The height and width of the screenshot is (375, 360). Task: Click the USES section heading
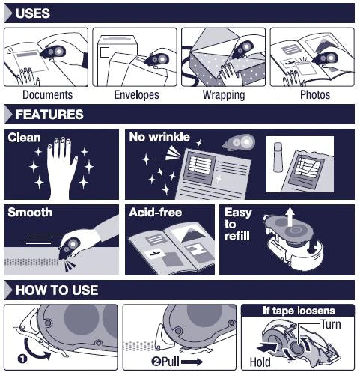click(33, 13)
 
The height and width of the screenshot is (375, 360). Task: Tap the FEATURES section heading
click(49, 115)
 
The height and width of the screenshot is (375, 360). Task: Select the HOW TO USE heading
click(57, 290)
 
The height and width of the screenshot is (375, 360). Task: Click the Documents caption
click(47, 95)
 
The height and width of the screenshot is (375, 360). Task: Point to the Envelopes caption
click(136, 95)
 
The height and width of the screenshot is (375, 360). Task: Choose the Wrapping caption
click(224, 95)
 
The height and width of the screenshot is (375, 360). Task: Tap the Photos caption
click(315, 95)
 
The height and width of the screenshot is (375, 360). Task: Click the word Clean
click(24, 138)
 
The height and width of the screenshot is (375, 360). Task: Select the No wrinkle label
click(159, 137)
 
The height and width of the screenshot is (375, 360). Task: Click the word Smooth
click(30, 213)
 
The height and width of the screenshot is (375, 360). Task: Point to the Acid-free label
click(156, 213)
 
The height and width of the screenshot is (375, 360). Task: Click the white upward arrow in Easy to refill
click(290, 217)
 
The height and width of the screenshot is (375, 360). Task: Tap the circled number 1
click(22, 359)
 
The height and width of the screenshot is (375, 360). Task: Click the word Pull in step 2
click(171, 362)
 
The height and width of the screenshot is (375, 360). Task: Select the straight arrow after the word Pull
click(192, 362)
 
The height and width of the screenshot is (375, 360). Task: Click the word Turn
click(331, 324)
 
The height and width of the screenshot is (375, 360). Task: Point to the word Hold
click(260, 362)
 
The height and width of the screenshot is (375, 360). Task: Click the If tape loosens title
click(299, 311)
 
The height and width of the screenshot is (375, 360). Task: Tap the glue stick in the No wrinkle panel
click(278, 157)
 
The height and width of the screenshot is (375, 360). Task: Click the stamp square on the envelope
click(105, 52)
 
